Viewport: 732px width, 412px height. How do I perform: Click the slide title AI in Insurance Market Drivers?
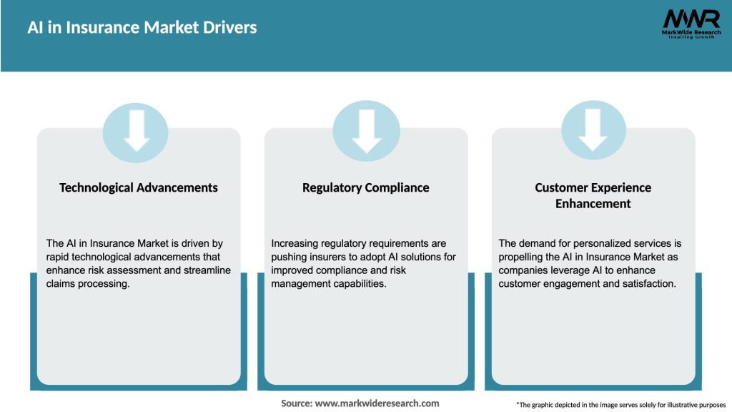click(142, 28)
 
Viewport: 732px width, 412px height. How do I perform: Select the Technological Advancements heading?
click(139, 187)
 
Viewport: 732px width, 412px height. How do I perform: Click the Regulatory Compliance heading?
click(366, 187)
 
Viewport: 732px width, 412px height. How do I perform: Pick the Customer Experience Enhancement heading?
click(593, 195)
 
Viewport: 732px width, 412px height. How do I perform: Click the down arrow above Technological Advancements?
click(137, 130)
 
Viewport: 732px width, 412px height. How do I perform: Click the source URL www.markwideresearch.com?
click(377, 403)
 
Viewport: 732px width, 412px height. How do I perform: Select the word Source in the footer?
click(297, 403)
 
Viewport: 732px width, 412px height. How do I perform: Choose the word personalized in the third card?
click(600, 244)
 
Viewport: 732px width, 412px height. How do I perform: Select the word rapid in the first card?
click(61, 257)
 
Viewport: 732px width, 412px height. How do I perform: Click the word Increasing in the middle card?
click(297, 244)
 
